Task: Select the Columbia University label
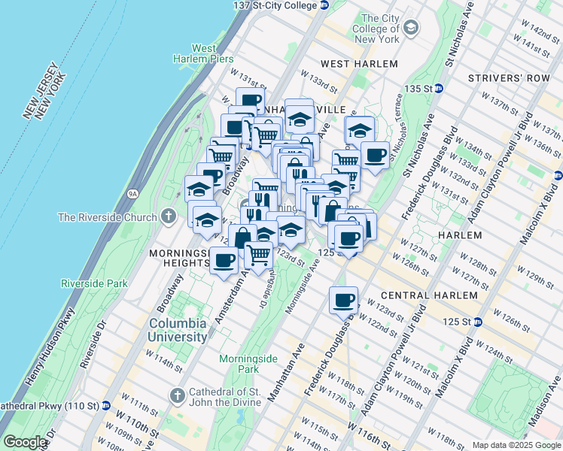click(x=177, y=330)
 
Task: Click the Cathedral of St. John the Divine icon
click(x=177, y=395)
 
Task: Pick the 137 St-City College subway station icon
click(x=324, y=5)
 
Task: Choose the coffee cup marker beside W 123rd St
click(x=344, y=301)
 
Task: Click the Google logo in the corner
click(x=25, y=442)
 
